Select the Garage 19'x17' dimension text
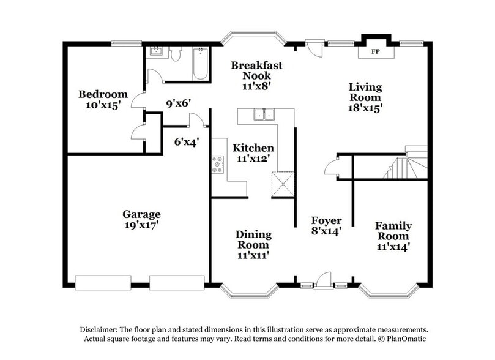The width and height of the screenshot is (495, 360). [x=141, y=225]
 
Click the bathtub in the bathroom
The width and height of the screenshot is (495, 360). [x=201, y=66]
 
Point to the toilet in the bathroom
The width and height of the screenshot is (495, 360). [x=176, y=55]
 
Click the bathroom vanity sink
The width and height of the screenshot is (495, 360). [x=157, y=51]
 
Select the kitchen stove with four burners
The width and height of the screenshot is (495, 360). [x=218, y=164]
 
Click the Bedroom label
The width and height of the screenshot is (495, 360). [x=103, y=94]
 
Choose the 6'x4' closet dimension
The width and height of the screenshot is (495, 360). [x=187, y=142]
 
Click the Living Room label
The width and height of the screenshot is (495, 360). [x=365, y=92]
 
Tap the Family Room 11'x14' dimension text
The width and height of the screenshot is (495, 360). [x=393, y=247]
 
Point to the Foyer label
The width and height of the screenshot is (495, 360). [x=326, y=220]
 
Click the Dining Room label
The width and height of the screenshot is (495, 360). [x=253, y=239]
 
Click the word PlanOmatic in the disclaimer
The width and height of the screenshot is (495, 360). [x=409, y=339]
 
